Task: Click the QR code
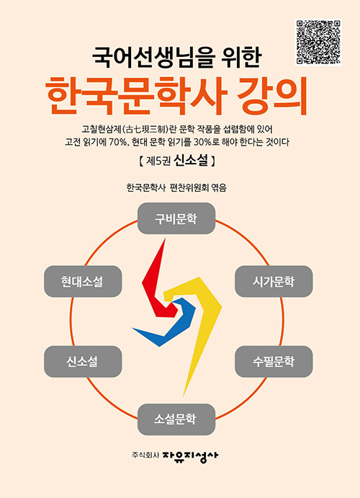click(x=318, y=43)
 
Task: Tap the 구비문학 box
click(x=176, y=218)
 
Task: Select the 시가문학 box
click(x=274, y=281)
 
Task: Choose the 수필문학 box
click(x=274, y=362)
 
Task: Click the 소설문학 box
click(x=176, y=419)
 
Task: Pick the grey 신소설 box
click(x=83, y=362)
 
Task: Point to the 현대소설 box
click(x=83, y=281)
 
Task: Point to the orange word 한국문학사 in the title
click(x=136, y=95)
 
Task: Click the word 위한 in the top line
click(x=245, y=58)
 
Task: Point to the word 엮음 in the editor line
click(x=219, y=187)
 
